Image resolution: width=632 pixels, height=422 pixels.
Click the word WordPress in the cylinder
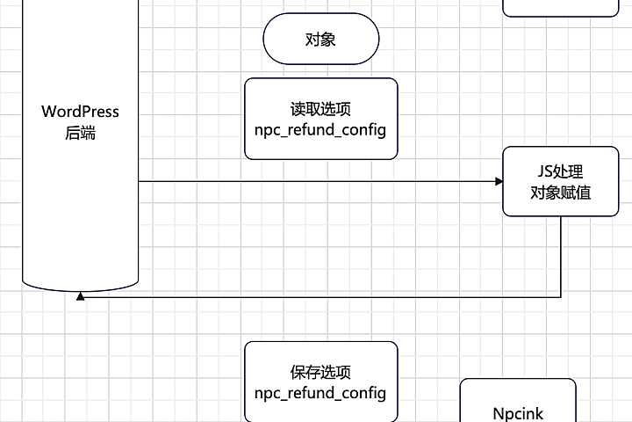click(80, 113)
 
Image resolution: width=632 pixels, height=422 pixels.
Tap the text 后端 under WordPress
click(80, 134)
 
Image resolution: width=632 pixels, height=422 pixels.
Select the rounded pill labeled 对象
click(320, 40)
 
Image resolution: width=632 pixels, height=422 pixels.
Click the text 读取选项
click(320, 110)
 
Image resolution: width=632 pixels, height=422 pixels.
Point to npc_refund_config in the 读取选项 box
click(320, 130)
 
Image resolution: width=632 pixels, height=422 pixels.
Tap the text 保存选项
click(320, 373)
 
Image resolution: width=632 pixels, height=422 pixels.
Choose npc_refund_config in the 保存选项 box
click(320, 393)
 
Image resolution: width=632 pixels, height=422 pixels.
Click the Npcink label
click(518, 411)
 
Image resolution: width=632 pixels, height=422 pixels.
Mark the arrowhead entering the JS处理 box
click(499, 182)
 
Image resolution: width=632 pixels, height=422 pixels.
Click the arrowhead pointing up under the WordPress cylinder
click(80, 296)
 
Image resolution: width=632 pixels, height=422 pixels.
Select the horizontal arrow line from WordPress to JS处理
click(316, 182)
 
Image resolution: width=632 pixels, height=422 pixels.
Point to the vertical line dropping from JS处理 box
click(561, 255)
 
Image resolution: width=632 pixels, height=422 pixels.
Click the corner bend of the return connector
click(561, 297)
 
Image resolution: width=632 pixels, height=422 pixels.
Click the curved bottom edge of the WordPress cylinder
click(80, 287)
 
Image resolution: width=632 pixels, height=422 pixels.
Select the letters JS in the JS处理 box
click(545, 172)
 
